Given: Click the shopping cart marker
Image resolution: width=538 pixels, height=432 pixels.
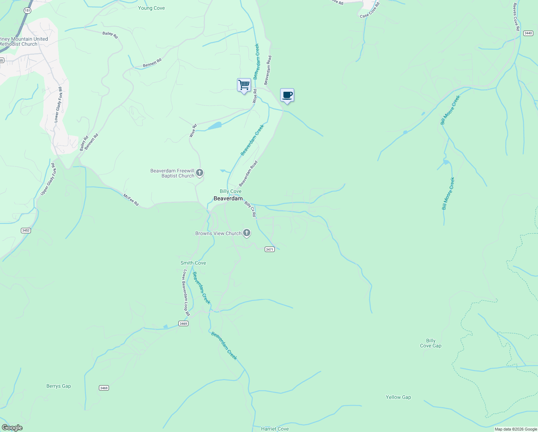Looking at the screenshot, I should click(244, 85).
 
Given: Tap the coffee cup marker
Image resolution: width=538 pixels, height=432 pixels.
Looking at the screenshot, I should click(287, 95).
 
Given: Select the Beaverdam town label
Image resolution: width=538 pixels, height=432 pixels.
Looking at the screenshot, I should click(228, 198).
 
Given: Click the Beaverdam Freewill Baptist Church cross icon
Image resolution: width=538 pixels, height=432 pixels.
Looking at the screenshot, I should click(200, 173).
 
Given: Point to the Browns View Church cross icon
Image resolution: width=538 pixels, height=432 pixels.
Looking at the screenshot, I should click(247, 233).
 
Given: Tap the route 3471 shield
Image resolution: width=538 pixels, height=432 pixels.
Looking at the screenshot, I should click(270, 249).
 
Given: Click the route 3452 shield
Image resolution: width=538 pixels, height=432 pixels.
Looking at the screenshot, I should click(26, 230).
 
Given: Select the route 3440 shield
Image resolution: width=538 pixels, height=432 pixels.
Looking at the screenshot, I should click(528, 33).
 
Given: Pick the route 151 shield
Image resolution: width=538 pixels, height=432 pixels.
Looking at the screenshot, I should click(28, 10).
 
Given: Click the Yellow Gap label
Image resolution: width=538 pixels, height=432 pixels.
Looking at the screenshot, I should click(398, 397).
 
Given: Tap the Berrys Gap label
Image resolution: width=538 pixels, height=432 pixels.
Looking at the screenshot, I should click(59, 386).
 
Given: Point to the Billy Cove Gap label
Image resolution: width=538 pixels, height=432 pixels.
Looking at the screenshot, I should click(430, 343).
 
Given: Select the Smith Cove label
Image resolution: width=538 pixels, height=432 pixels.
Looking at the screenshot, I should click(193, 263).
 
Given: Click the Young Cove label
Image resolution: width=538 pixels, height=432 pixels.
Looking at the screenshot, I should click(151, 8).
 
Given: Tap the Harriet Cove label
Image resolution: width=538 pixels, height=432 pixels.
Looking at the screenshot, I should click(275, 429).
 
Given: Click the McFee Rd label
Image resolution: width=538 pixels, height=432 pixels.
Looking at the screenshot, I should click(131, 200).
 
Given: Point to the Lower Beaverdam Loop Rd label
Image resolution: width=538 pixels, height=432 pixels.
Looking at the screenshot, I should click(186, 293).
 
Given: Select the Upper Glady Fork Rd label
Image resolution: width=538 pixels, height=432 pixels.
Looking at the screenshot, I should click(49, 179).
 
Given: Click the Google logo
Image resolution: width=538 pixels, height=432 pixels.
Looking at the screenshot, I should click(12, 428).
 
